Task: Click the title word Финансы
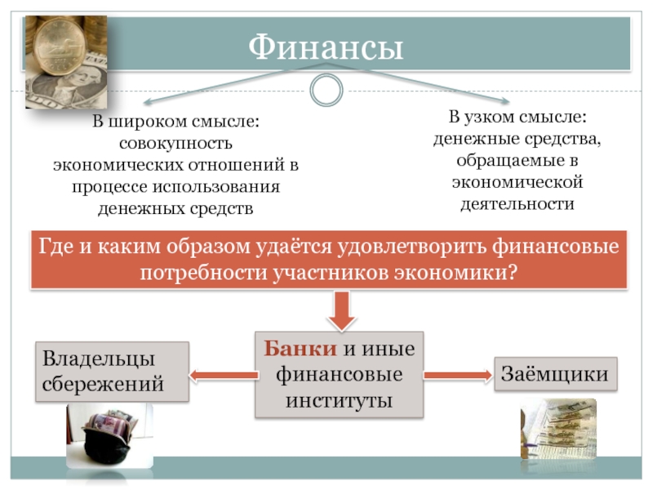(x=326, y=48)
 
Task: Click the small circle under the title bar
(x=326, y=89)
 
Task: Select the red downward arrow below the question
(x=340, y=310)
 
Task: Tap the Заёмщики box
(x=555, y=375)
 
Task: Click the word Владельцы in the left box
(x=99, y=359)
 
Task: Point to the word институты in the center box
(x=340, y=401)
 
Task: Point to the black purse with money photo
(x=100, y=442)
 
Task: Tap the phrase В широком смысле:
(x=175, y=122)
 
